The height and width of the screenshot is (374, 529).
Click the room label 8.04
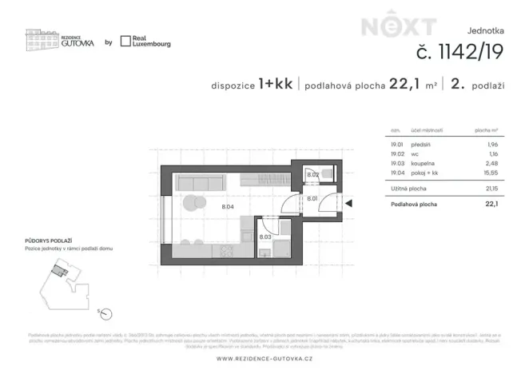coord(227,206)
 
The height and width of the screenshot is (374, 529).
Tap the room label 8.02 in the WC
coord(313,174)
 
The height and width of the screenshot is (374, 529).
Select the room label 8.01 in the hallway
coord(312,198)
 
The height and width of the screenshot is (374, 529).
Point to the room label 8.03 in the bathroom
coord(265,237)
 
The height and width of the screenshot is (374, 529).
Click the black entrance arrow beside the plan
coord(348,204)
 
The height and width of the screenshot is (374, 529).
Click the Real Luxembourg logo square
coord(125,42)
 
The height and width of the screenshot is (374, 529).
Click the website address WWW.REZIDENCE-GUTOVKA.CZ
coord(264,357)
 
